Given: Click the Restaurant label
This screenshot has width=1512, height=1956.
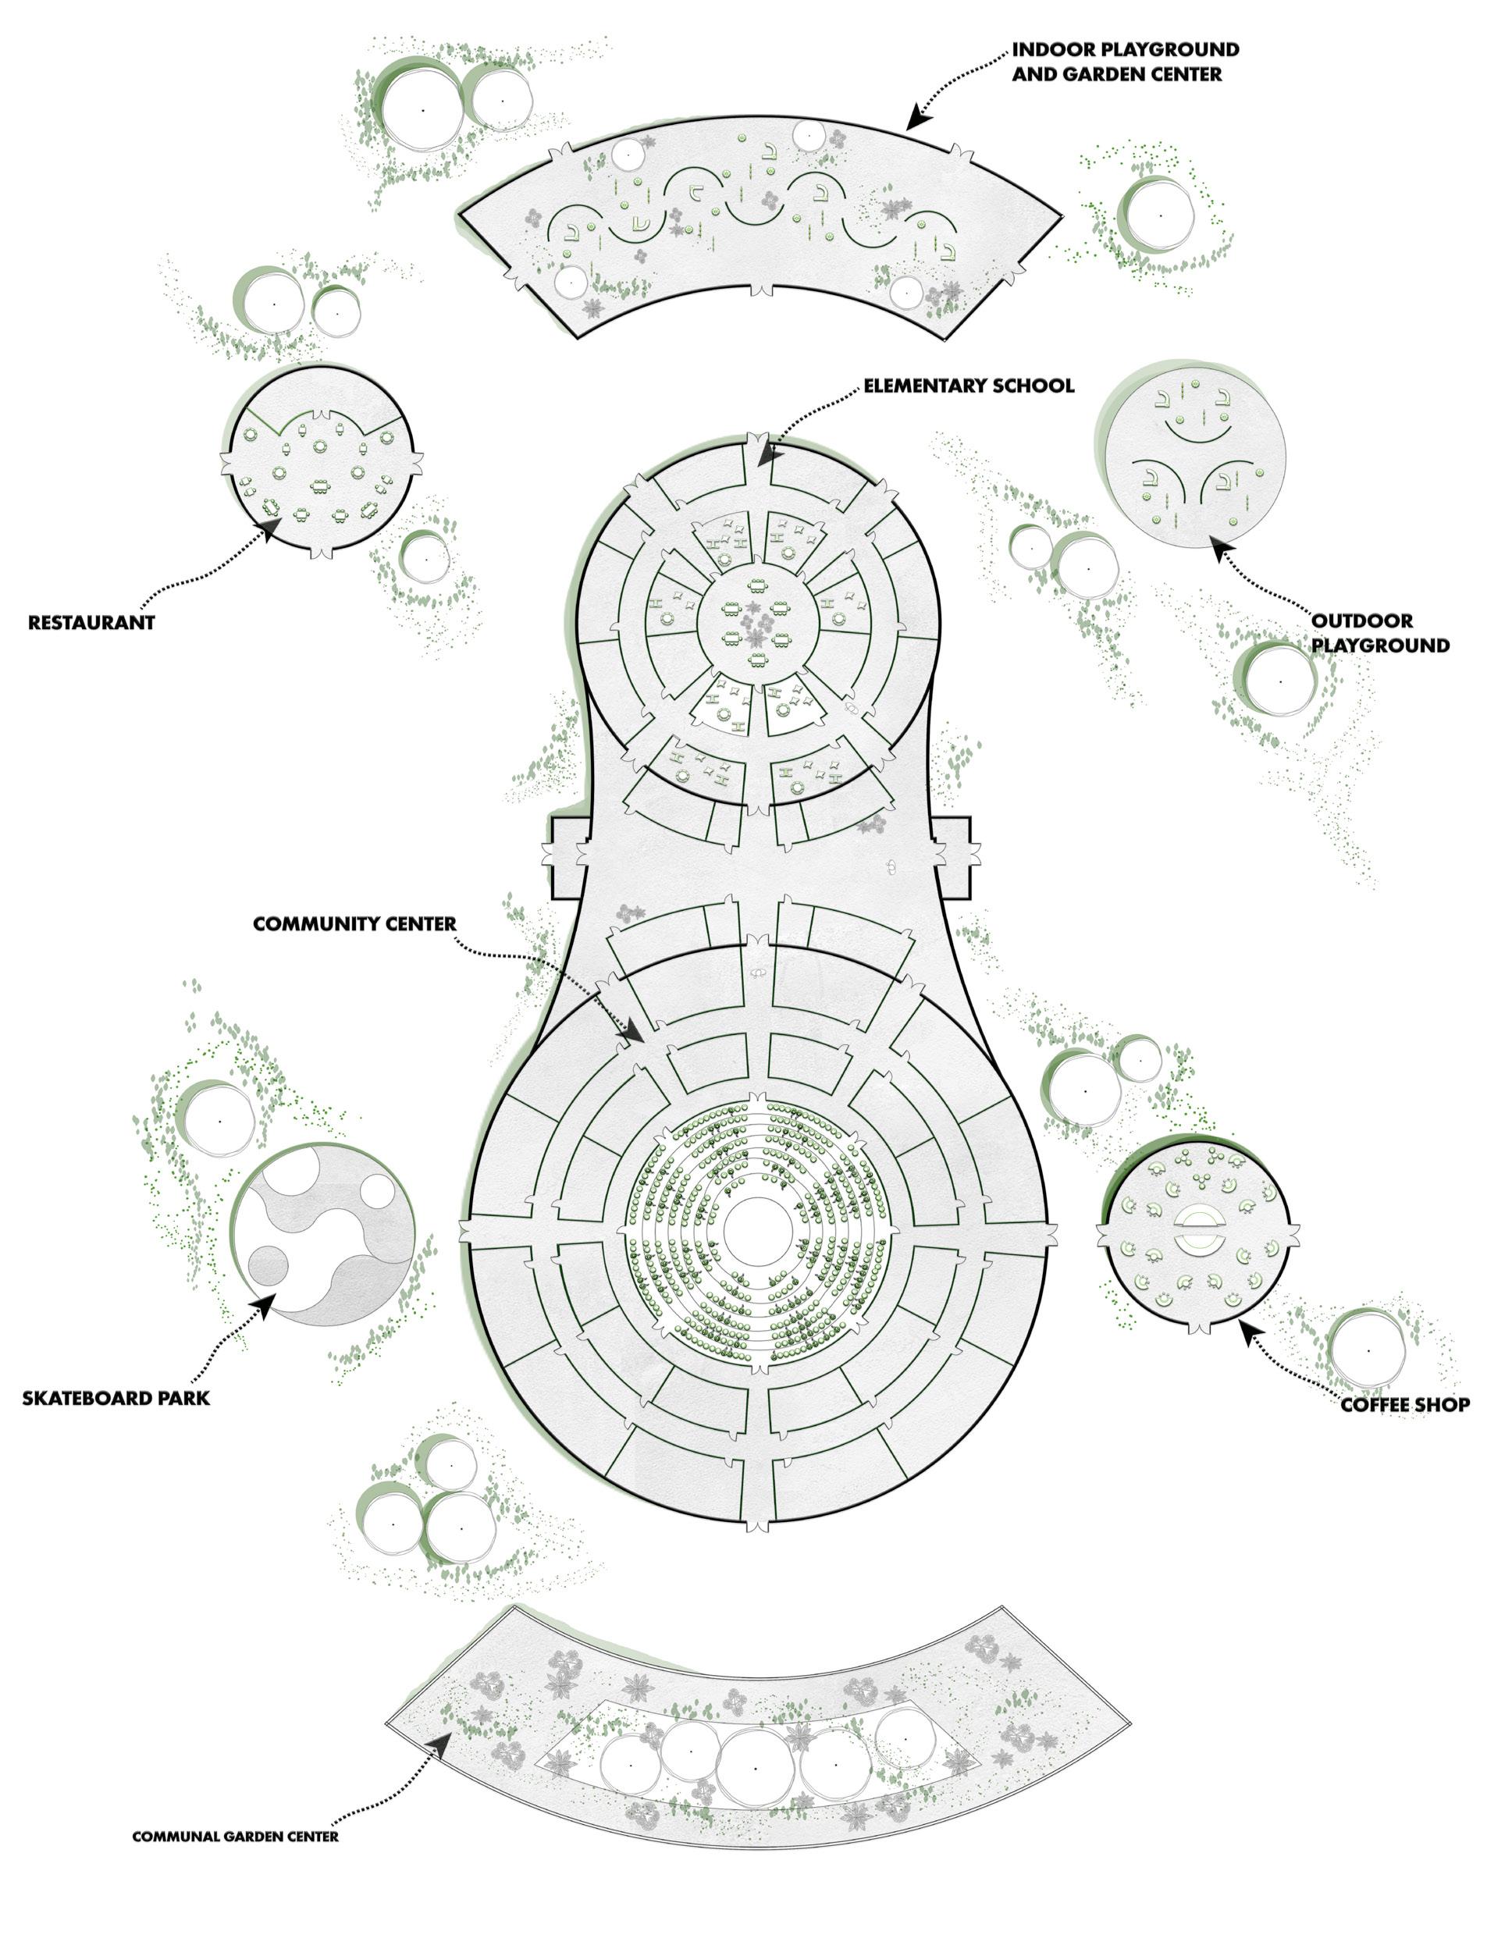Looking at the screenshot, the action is point(91,622).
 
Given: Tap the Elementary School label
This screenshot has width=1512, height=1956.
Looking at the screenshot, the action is point(968,386).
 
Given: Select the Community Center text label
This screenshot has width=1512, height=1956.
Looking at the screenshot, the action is point(354,923).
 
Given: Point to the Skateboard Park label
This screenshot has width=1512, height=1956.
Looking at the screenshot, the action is point(116,1397).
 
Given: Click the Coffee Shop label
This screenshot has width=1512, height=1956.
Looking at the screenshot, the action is point(1404,1404).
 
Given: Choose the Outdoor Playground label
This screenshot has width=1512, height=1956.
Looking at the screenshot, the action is point(1379,632).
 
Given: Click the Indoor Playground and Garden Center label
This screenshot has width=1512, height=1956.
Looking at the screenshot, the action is point(1125,61).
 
